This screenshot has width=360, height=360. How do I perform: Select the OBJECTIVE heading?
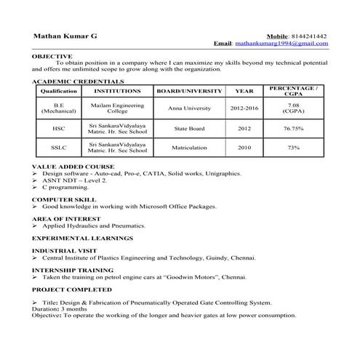pyautogui.click(x=52, y=56)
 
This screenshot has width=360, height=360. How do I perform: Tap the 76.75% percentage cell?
pyautogui.click(x=293, y=128)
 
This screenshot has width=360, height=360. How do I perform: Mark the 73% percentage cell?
pyautogui.click(x=293, y=148)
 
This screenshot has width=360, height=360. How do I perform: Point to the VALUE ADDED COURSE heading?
pyautogui.click(x=73, y=167)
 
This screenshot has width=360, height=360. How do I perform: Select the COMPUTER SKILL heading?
pyautogui.click(x=64, y=199)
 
